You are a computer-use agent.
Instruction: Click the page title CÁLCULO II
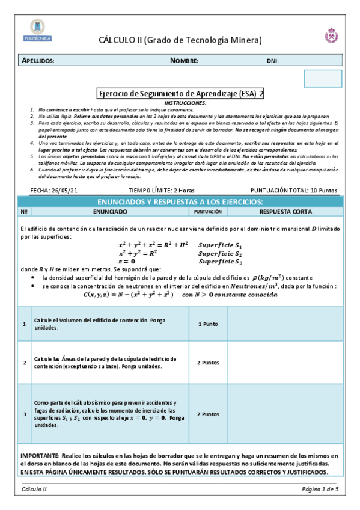click(180, 40)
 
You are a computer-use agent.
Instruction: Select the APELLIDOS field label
click(38, 61)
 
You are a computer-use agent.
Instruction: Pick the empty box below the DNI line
click(323, 78)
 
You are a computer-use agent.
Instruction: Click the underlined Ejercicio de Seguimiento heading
click(180, 94)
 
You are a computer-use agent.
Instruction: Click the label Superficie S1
click(220, 245)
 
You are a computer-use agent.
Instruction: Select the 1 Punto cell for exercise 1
click(208, 324)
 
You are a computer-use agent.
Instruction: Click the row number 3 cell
click(24, 414)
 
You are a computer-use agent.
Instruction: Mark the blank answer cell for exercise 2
click(285, 363)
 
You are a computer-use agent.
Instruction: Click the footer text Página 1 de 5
click(320, 490)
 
